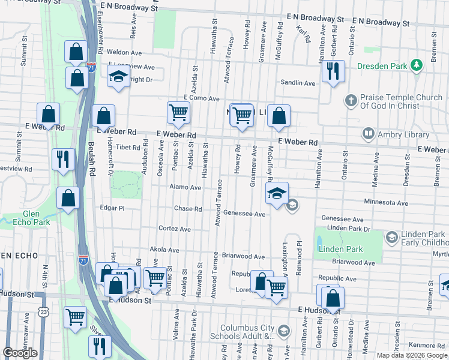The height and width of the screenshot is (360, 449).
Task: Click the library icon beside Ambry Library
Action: pyautogui.click(x=369, y=134)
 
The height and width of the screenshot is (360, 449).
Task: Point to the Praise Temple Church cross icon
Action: pyautogui.click(x=351, y=100)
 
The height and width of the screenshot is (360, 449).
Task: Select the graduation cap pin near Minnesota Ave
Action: pyautogui.click(x=277, y=194)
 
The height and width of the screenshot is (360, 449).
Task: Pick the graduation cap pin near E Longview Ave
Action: pyautogui.click(x=118, y=76)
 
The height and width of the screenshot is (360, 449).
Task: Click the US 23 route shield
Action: pyautogui.click(x=43, y=311)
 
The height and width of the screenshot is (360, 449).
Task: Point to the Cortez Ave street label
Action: pyautogui.click(x=175, y=229)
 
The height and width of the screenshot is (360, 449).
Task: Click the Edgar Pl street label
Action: pyautogui.click(x=112, y=208)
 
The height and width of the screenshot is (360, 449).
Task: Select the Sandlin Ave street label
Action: pyautogui.click(x=297, y=83)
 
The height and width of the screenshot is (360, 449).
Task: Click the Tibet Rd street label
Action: pyautogui.click(x=127, y=146)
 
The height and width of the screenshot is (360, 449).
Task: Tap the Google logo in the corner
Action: pyautogui.click(x=20, y=352)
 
